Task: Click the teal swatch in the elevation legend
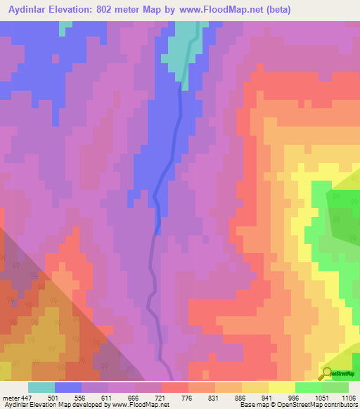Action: [41, 387]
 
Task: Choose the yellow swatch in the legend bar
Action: [281, 387]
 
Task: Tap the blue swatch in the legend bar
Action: [68, 387]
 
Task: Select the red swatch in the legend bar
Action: [175, 387]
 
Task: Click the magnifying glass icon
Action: [326, 375]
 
